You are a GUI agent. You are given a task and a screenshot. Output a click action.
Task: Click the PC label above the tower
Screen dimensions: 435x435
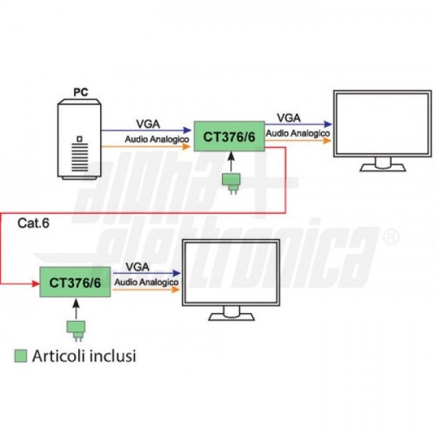coord(81,92)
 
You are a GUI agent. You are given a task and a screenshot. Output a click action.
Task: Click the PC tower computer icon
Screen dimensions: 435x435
coord(80,141)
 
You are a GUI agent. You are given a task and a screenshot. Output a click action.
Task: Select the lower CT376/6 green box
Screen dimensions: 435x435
coord(75,283)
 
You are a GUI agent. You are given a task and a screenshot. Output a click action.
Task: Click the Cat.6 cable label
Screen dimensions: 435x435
coord(33,223)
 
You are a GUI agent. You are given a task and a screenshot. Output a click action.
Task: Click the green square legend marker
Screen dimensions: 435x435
coord(21,356)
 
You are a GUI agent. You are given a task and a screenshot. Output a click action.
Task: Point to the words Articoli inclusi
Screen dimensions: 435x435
coord(84,356)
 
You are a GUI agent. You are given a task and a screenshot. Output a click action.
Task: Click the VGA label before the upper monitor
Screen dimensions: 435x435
coord(288,118)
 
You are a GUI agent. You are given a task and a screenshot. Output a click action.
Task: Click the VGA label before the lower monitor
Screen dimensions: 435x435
coord(138,267)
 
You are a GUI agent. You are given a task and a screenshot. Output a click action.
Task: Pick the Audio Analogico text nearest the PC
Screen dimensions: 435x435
coord(157,138)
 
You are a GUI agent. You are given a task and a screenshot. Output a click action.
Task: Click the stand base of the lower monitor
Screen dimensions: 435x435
coord(231,318)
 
